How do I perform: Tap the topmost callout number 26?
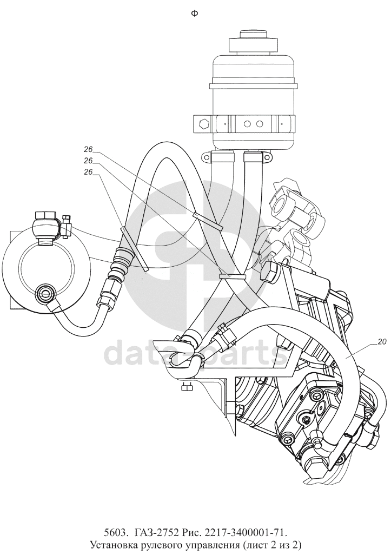pyautogui.click(x=89, y=149)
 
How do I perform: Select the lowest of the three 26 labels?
pyautogui.click(x=89, y=171)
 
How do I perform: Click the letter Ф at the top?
pyautogui.click(x=194, y=14)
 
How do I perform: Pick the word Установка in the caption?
pyautogui.click(x=113, y=544)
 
